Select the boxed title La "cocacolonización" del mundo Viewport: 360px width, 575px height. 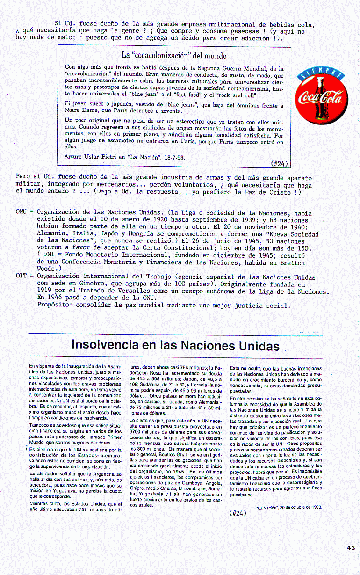coord(173,55)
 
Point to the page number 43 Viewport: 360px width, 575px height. coord(351,548)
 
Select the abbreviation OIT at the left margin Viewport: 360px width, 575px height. coord(22,276)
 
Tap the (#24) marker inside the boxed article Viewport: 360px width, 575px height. coord(279,164)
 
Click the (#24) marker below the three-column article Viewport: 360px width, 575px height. coord(238,512)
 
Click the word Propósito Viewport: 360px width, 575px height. coord(55,306)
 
